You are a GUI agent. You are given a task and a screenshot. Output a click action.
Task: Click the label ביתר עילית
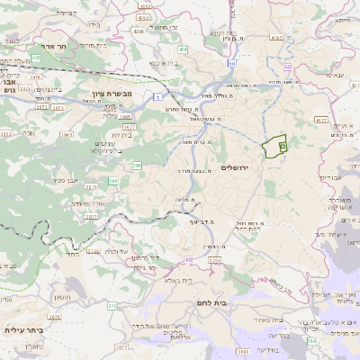[x=24, y=330]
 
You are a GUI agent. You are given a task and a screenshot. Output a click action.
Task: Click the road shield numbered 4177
[x=321, y=119]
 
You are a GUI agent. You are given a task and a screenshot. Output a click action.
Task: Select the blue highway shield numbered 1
[x=157, y=94]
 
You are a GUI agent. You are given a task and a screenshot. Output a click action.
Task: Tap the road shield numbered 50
[x=232, y=65]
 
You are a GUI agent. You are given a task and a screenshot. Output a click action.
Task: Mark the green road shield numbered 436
[x=35, y=58]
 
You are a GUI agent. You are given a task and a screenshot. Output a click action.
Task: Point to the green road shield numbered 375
[x=114, y=307]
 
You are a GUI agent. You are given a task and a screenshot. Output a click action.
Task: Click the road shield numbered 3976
[x=35, y=77]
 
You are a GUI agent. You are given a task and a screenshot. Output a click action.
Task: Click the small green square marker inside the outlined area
[x=282, y=145]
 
